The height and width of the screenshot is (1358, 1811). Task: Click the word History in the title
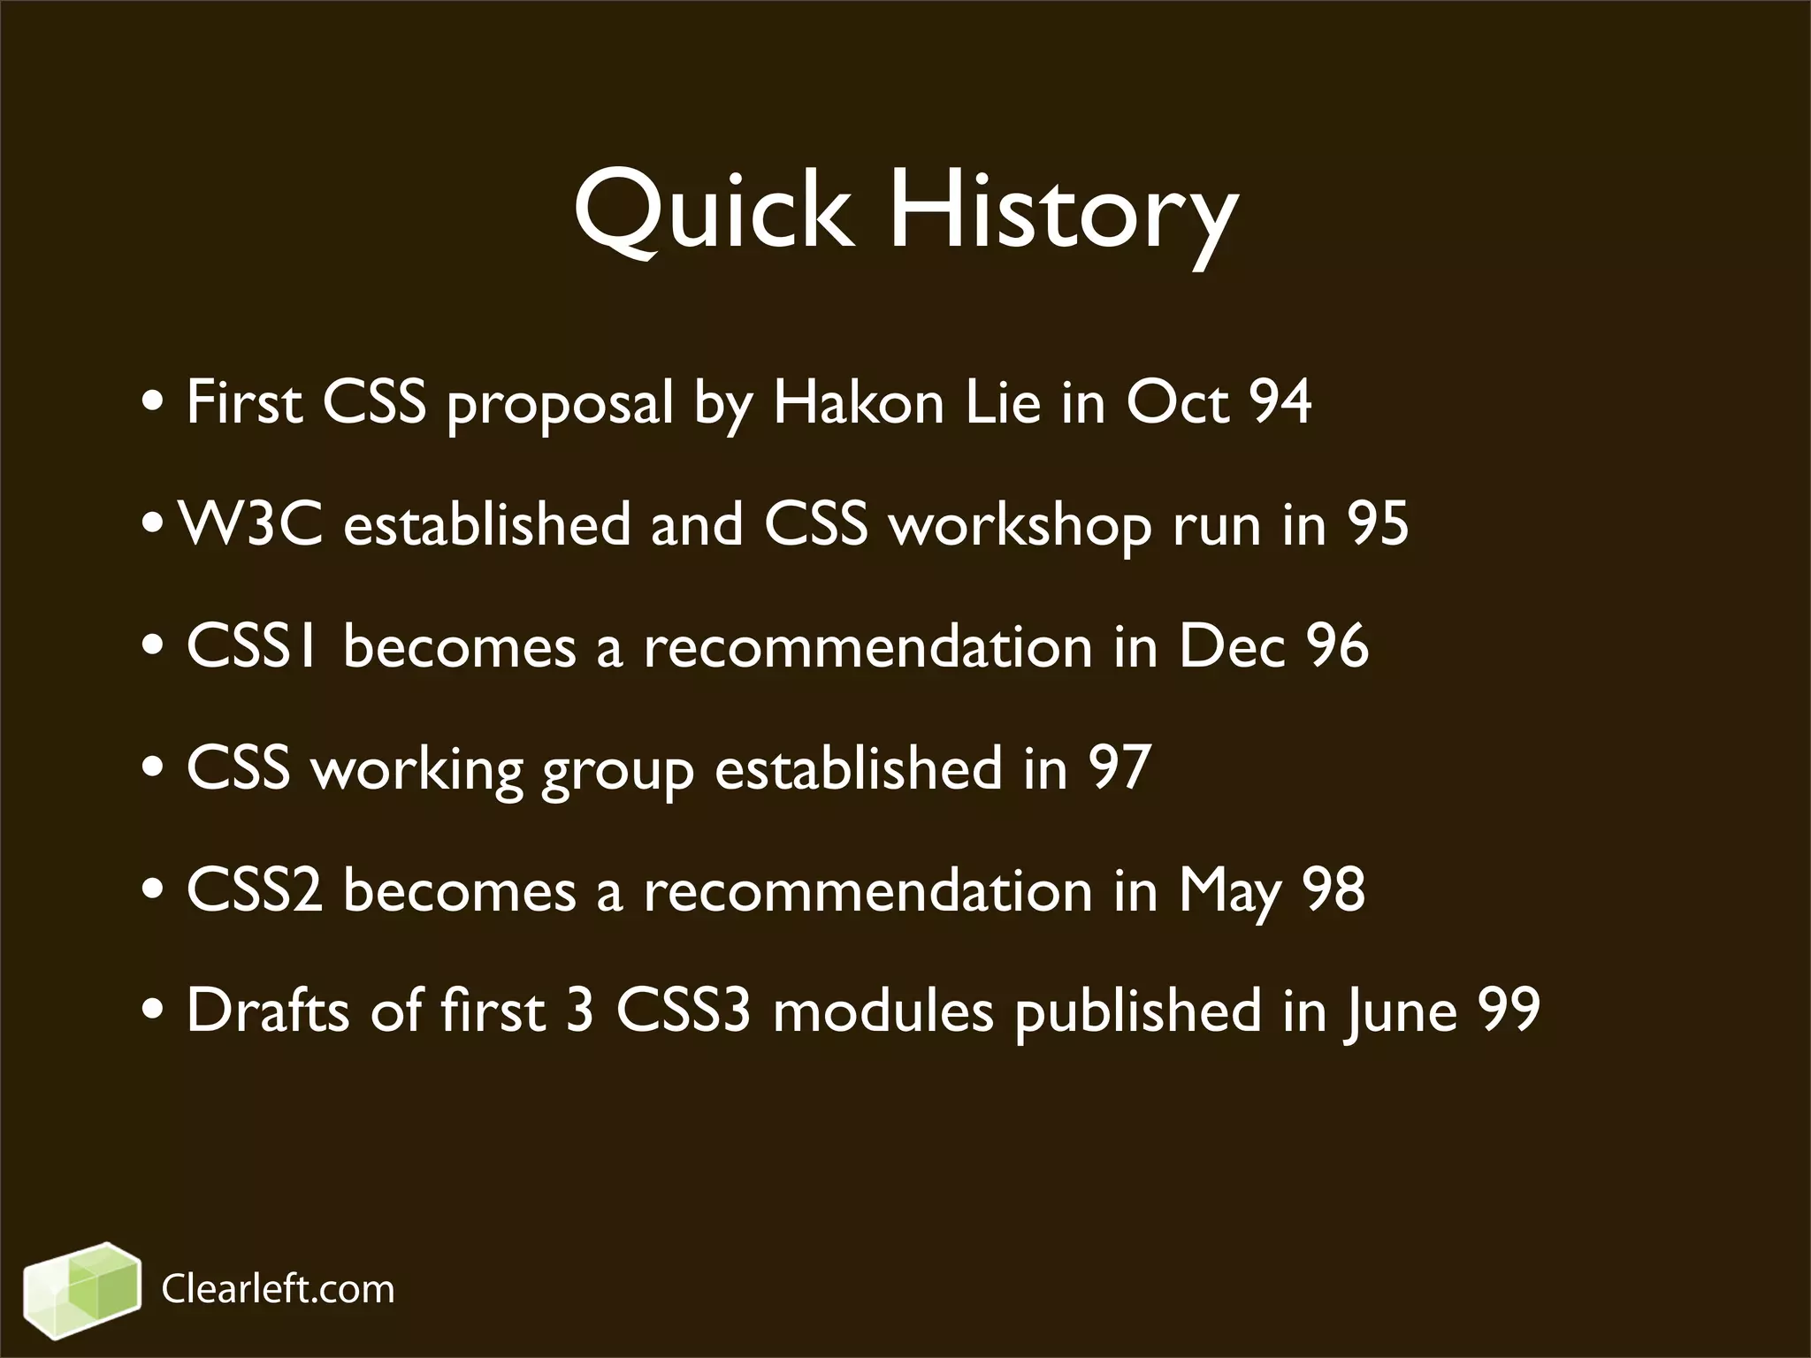click(x=1061, y=212)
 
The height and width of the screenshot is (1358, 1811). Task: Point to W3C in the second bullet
click(x=251, y=523)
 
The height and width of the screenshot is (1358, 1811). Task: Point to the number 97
click(x=1119, y=767)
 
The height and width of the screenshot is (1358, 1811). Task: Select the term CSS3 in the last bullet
click(x=683, y=1011)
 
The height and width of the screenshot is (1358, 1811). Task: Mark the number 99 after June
click(x=1509, y=1011)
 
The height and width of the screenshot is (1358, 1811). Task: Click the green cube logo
click(x=81, y=1289)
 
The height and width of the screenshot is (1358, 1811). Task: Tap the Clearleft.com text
click(x=278, y=1290)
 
